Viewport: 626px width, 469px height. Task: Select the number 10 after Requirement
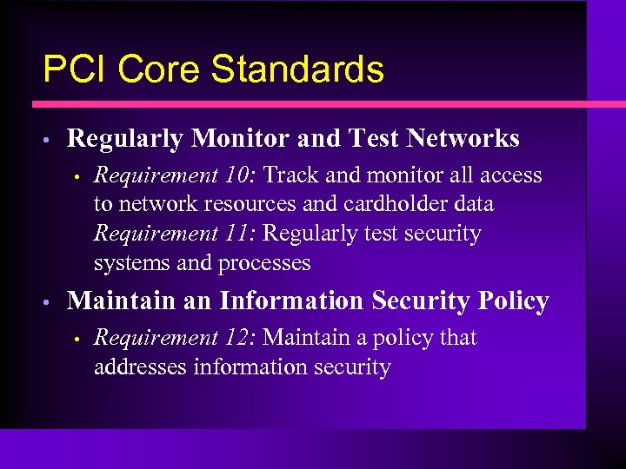[x=236, y=175]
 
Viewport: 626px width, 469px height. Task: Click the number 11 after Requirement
[x=236, y=234]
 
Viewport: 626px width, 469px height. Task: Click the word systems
[x=126, y=262]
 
